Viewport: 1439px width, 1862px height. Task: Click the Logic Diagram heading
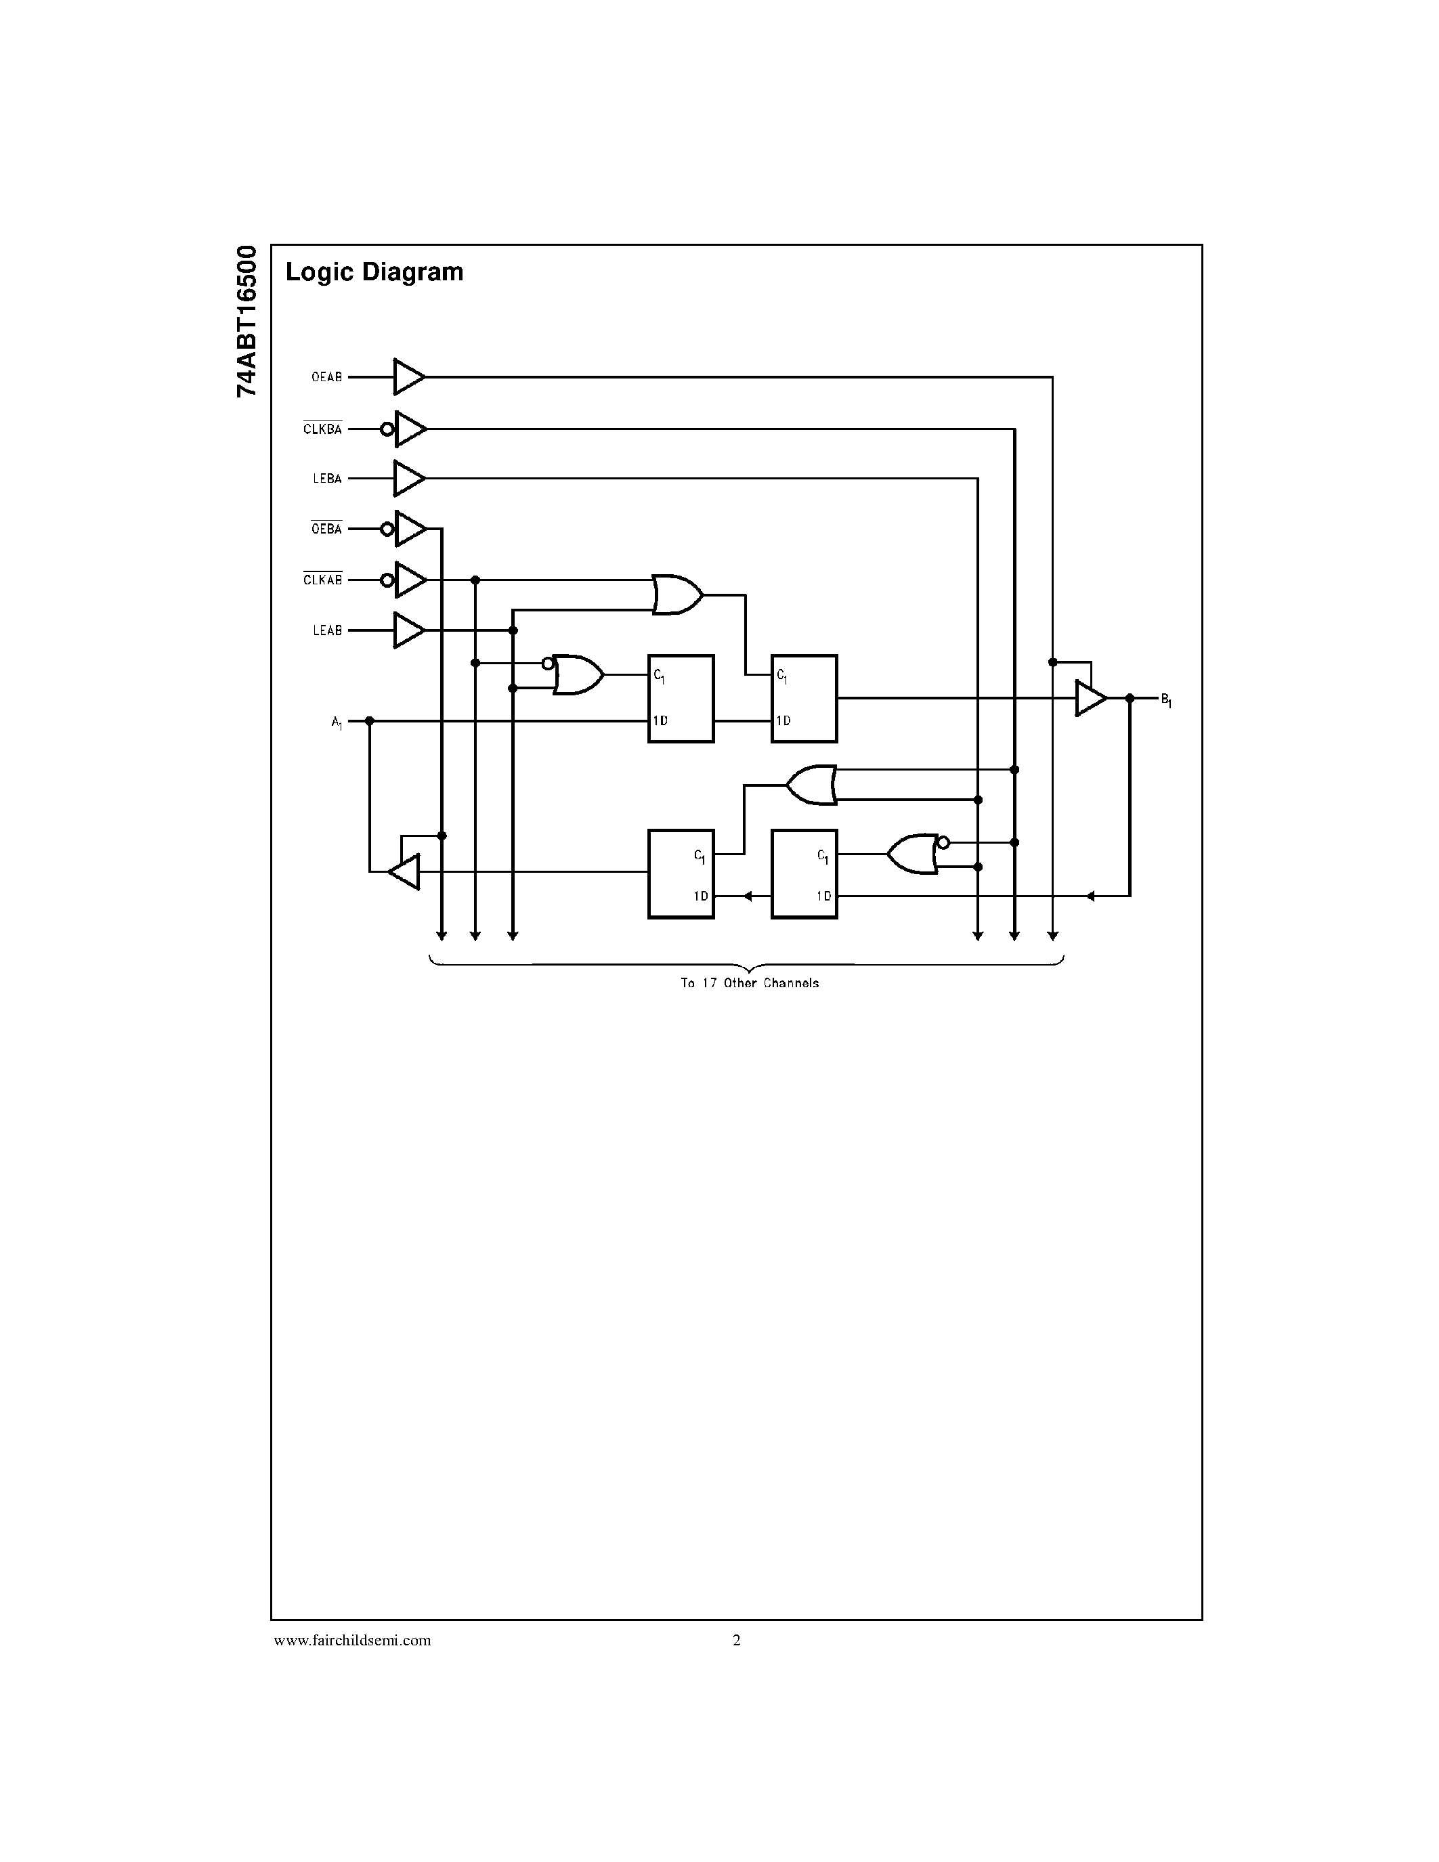(x=374, y=272)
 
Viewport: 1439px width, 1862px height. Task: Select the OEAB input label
(x=326, y=377)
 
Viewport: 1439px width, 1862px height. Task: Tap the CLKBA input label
(x=322, y=430)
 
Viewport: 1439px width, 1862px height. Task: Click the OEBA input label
(x=326, y=529)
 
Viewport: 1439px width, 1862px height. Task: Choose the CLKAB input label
(x=322, y=580)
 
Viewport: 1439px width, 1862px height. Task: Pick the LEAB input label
(x=326, y=631)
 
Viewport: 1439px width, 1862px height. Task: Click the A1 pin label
(x=337, y=723)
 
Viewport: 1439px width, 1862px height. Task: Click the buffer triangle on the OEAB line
(x=408, y=377)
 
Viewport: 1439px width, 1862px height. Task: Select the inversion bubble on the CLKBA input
(x=387, y=430)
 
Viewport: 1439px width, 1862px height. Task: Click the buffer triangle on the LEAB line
(x=408, y=631)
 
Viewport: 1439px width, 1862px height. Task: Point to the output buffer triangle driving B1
(x=1090, y=698)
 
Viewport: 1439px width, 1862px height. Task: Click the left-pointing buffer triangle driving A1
(x=405, y=871)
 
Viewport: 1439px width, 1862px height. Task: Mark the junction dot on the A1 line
(x=369, y=721)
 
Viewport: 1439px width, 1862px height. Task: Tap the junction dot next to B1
(x=1130, y=698)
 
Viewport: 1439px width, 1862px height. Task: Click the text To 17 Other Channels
(x=750, y=983)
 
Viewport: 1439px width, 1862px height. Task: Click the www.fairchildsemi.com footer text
(x=352, y=1639)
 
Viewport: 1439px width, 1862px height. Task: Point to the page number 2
(x=737, y=1639)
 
